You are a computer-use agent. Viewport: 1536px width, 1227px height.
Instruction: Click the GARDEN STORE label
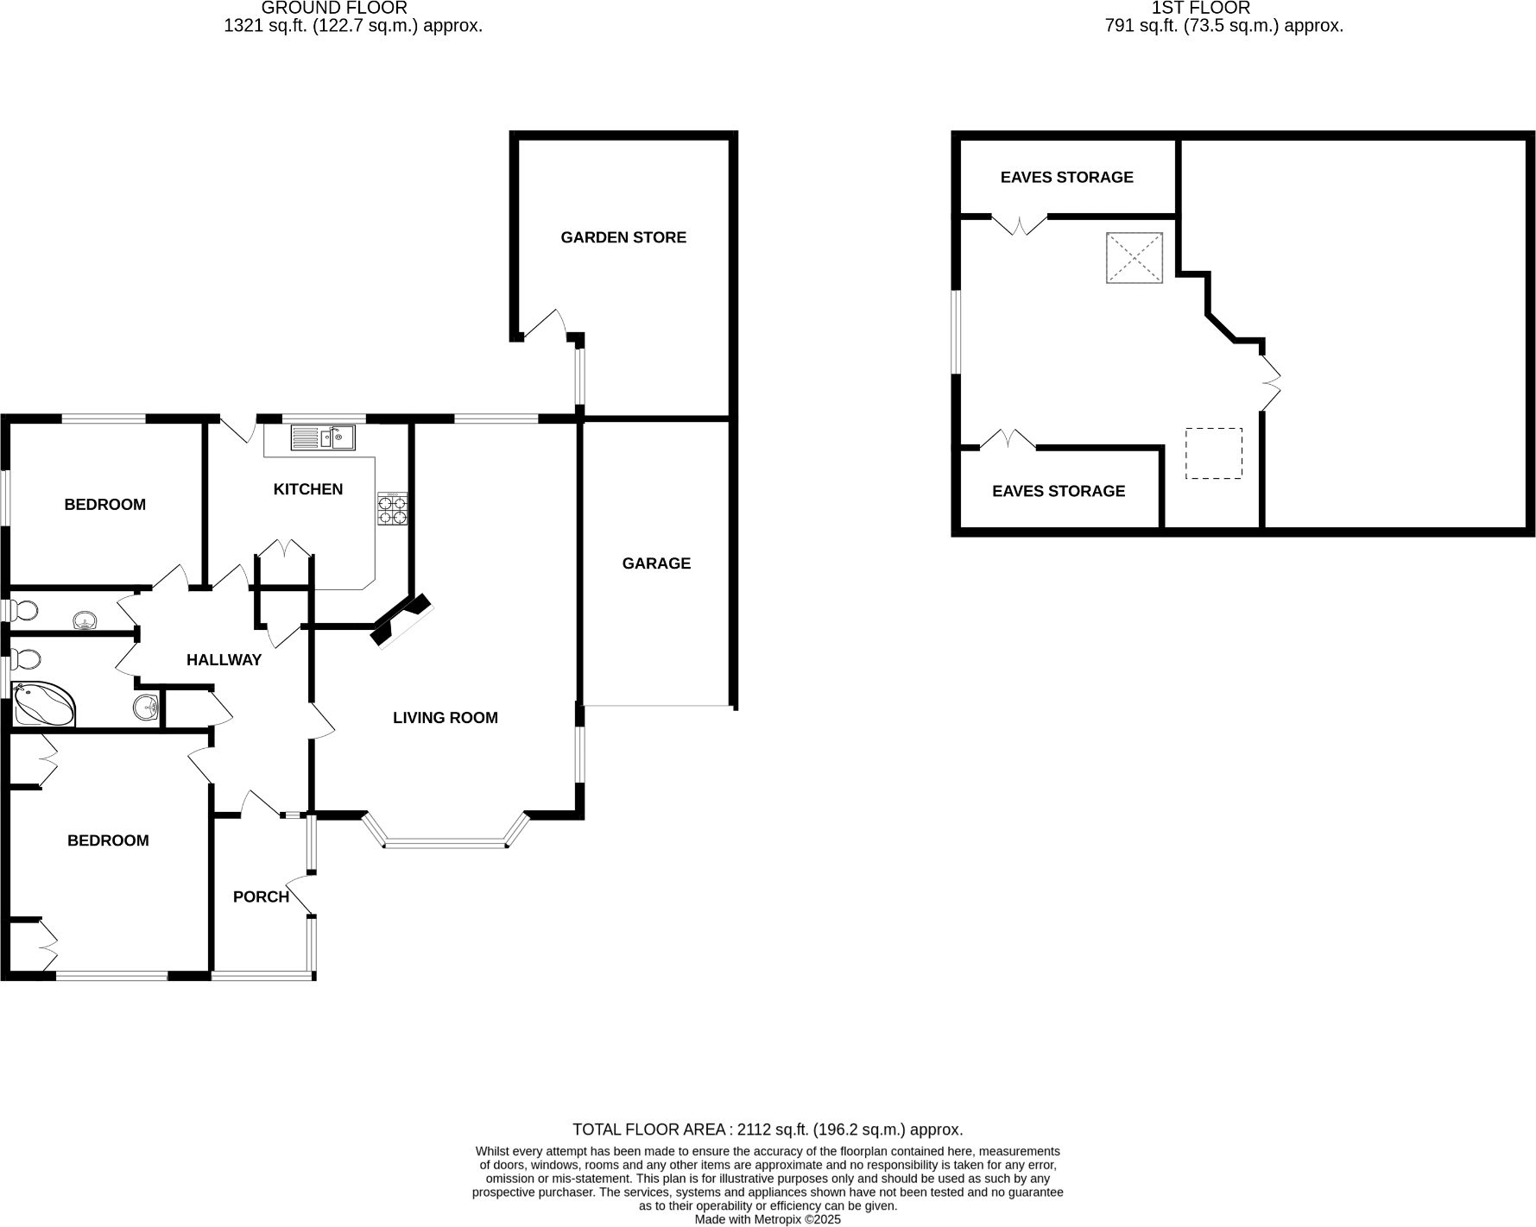[623, 237]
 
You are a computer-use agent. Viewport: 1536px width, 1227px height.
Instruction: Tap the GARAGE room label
[656, 563]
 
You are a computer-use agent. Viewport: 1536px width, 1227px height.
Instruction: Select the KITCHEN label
[307, 489]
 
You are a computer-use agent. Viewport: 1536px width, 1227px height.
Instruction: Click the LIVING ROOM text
[445, 717]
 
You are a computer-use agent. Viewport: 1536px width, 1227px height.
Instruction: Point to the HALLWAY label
[224, 660]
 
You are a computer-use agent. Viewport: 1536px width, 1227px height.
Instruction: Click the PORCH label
[261, 897]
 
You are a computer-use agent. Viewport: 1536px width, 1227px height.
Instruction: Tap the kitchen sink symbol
[323, 438]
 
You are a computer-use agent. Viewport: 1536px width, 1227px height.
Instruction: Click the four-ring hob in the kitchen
[392, 508]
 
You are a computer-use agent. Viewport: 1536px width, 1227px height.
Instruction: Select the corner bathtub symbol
[43, 704]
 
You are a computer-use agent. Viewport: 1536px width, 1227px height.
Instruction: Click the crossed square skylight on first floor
[1135, 257]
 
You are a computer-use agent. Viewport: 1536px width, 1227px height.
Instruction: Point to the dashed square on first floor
[1213, 453]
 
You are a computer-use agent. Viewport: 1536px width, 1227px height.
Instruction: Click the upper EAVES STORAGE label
[1066, 177]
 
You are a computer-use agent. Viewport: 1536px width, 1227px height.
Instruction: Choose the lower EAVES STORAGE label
[1058, 491]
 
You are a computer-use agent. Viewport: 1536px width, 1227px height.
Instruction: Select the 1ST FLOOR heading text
[1200, 8]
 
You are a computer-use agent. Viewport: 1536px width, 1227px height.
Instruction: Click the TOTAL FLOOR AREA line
[767, 1129]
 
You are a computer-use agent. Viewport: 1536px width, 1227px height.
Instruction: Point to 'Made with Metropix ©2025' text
[767, 1220]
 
